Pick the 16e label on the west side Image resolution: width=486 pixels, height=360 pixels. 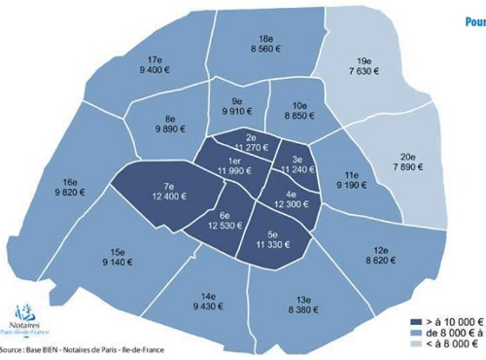(x=69, y=181)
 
